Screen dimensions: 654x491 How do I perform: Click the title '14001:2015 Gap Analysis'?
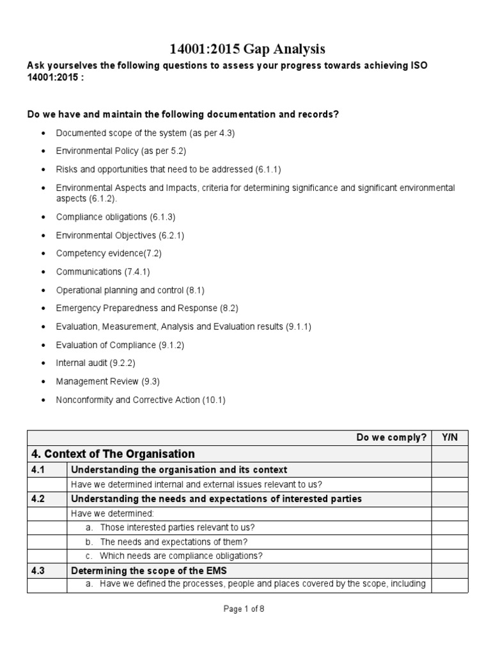245,49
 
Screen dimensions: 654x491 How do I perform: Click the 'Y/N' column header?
449,437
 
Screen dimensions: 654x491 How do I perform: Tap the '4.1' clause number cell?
40,469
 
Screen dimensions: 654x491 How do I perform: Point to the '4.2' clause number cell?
40,499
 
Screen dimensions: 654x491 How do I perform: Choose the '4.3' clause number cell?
40,570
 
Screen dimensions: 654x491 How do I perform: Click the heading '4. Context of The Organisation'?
113,454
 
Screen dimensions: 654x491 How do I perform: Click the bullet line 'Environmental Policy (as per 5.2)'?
121,151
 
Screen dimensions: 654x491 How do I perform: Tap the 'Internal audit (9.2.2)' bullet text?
96,363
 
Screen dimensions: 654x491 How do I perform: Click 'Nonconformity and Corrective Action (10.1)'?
141,400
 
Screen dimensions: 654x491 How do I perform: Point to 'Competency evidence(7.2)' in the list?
109,253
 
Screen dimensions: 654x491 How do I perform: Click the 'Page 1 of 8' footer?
244,609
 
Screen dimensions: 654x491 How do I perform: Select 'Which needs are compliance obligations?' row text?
181,556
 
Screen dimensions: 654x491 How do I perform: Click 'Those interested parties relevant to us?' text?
177,528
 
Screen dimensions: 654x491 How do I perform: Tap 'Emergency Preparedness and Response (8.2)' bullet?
147,308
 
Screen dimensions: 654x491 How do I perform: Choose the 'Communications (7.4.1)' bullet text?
104,271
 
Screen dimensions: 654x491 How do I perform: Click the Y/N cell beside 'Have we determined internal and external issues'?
449,484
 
